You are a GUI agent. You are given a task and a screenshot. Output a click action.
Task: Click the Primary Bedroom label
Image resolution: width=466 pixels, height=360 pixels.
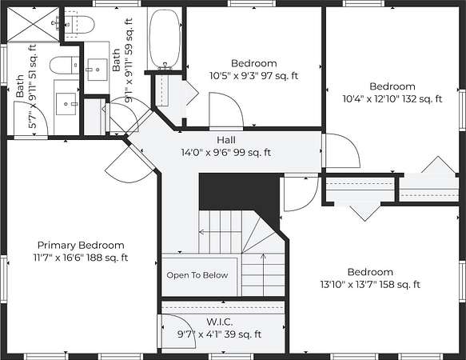pyautogui.click(x=81, y=245)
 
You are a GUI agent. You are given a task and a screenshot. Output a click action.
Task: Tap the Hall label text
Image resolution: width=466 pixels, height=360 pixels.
pyautogui.click(x=226, y=140)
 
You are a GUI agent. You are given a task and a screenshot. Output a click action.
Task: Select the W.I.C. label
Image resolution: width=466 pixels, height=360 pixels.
pyautogui.click(x=219, y=322)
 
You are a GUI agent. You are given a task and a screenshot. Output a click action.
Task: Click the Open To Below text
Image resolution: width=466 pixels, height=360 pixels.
pyautogui.click(x=197, y=275)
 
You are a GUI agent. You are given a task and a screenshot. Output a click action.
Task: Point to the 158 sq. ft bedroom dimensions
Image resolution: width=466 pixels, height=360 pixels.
pyautogui.click(x=370, y=285)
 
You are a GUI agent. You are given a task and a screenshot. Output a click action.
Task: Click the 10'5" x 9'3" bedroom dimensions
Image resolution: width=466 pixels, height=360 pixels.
pyautogui.click(x=254, y=76)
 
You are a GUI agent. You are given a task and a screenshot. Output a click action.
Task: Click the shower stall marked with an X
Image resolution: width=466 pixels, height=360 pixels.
pyautogui.click(x=33, y=24)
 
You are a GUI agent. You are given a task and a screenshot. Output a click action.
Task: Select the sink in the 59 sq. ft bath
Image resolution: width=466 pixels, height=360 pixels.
pyautogui.click(x=98, y=70)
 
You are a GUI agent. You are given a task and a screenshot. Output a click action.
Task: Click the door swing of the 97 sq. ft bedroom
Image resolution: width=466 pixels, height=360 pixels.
pyautogui.click(x=226, y=110)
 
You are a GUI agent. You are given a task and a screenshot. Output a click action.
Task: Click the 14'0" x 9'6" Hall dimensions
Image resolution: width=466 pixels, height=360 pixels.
pyautogui.click(x=226, y=153)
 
